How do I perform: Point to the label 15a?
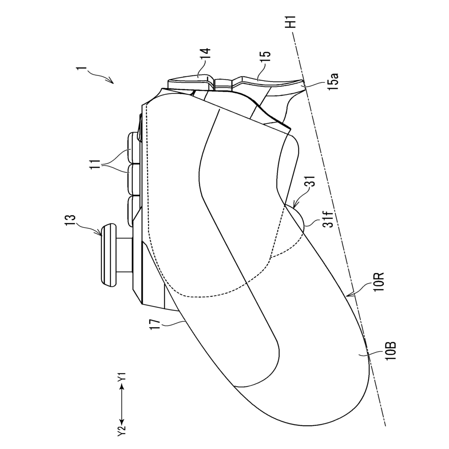pyautogui.click(x=334, y=81)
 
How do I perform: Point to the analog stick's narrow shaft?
pyautogui.click(x=125, y=255)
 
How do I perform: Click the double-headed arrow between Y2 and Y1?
pyautogui.click(x=122, y=403)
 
